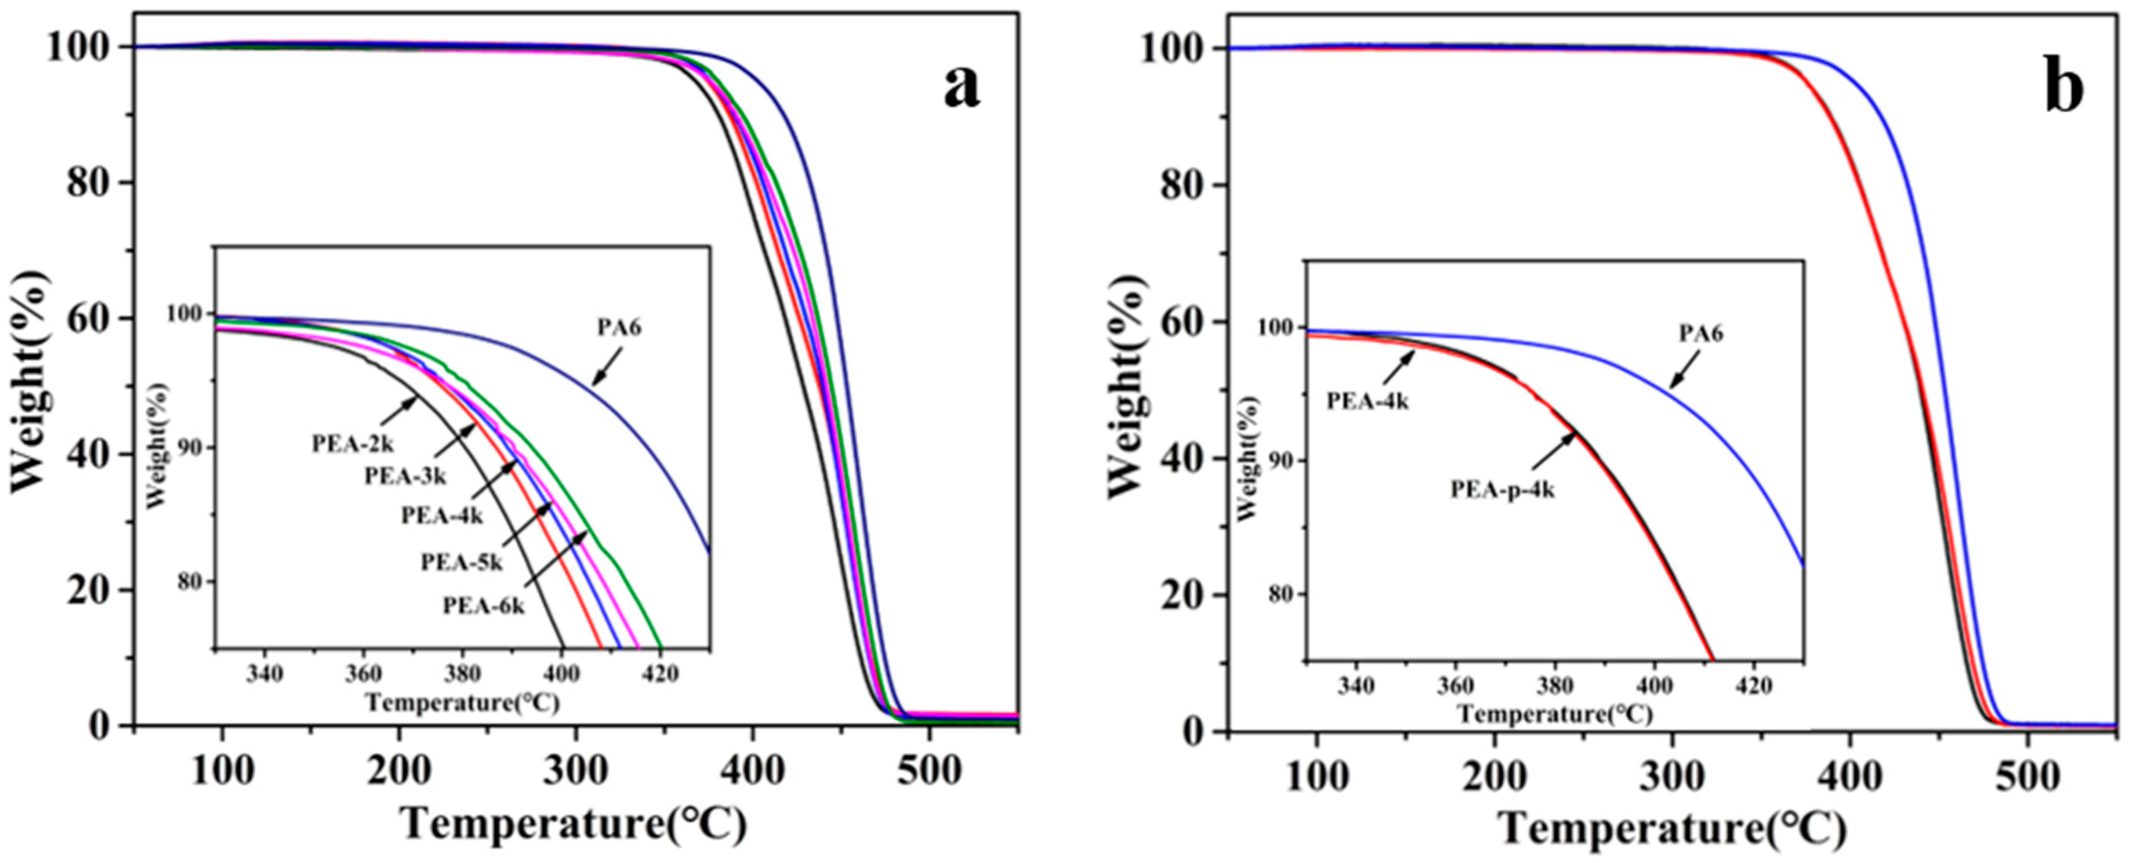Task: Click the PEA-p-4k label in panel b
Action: click(1502, 490)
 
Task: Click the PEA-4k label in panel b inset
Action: click(1367, 403)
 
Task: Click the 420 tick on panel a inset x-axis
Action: click(660, 674)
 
